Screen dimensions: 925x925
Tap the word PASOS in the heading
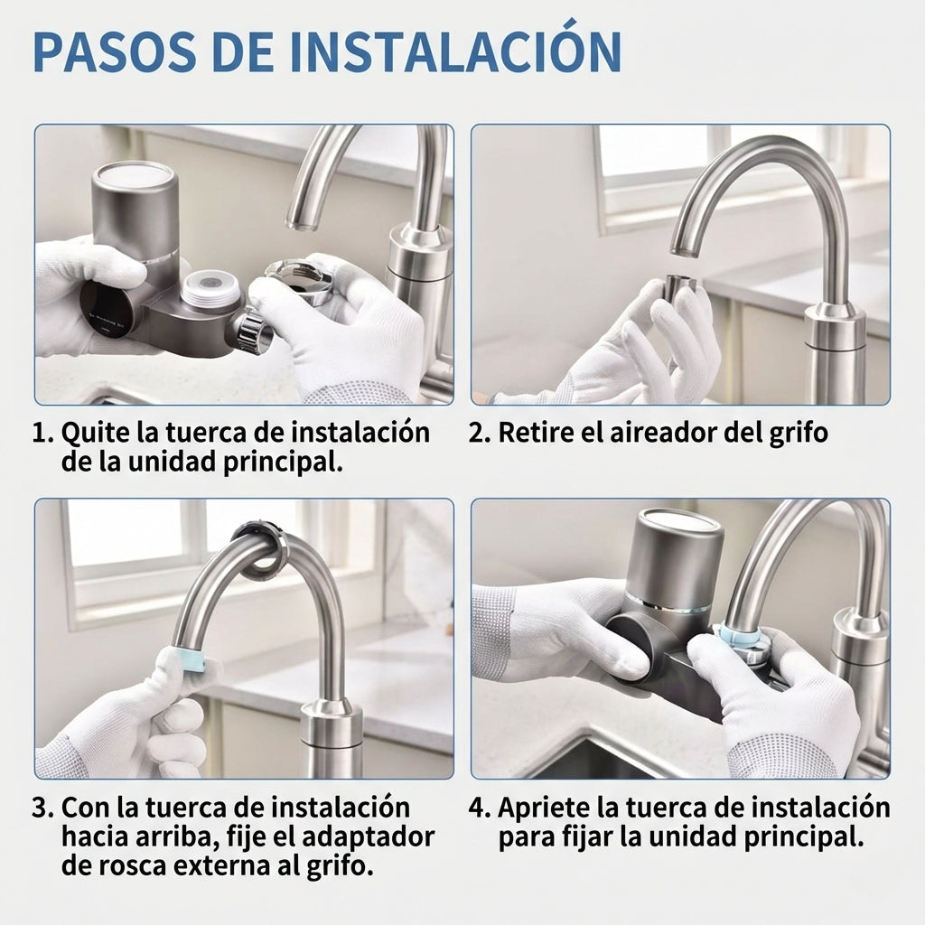(x=115, y=51)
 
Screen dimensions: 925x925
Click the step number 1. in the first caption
(x=43, y=433)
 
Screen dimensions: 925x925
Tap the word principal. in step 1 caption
(x=283, y=463)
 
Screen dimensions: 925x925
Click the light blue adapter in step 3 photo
(x=187, y=659)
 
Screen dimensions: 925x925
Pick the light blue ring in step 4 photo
(x=738, y=636)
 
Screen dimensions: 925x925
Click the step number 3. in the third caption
(x=43, y=808)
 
